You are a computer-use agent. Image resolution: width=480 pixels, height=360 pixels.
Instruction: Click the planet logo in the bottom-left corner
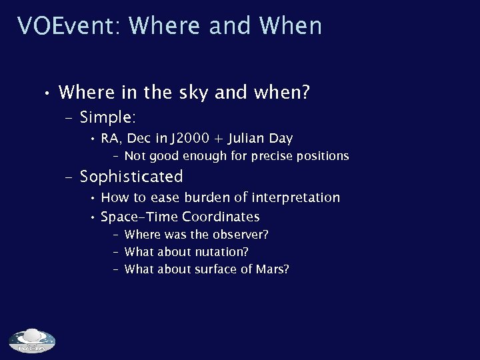tap(31, 341)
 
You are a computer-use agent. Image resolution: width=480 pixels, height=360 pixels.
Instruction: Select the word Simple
tap(107, 117)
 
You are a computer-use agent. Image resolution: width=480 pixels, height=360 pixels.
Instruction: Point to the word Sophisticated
tap(131, 177)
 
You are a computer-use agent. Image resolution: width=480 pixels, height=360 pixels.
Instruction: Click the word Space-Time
tap(138, 217)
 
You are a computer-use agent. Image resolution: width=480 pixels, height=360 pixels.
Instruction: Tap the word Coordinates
tap(221, 217)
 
